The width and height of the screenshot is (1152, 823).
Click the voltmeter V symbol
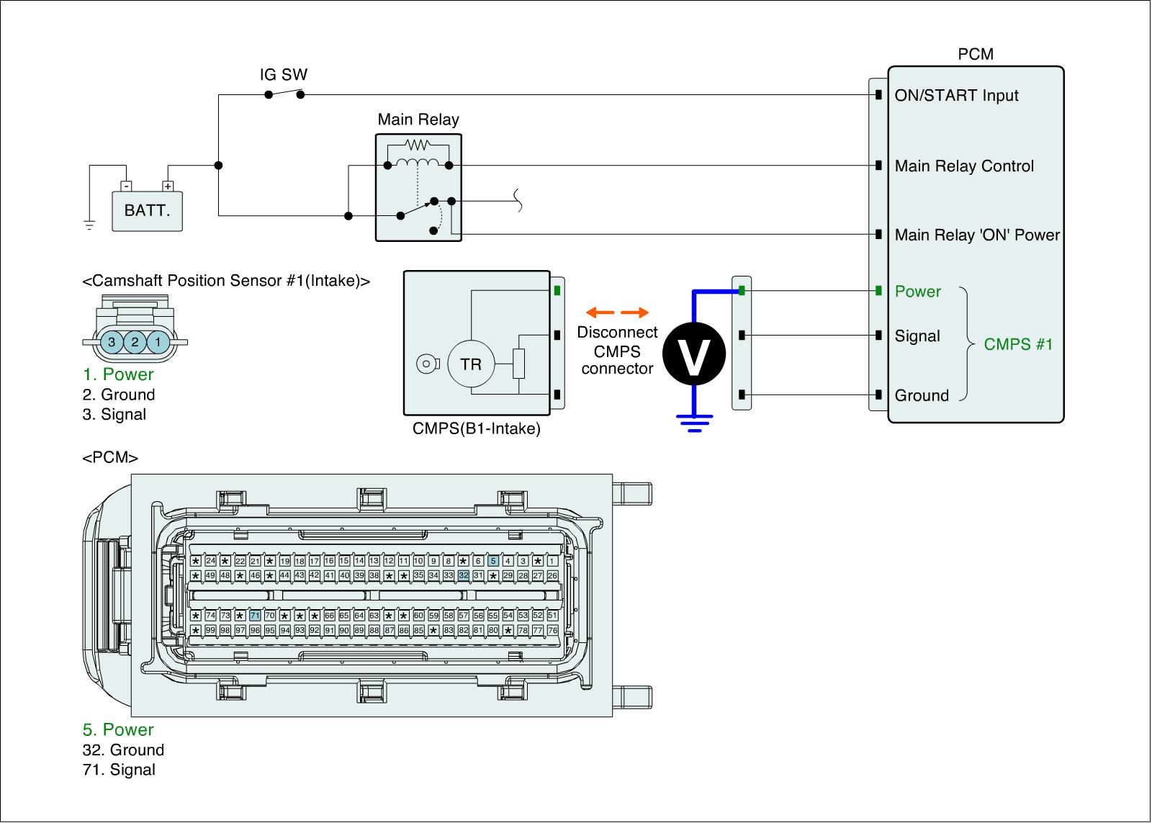tap(694, 354)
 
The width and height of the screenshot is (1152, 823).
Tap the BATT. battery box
tap(147, 211)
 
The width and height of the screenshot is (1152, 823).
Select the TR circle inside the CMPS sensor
tap(471, 364)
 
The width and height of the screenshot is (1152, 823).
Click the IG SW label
tap(284, 75)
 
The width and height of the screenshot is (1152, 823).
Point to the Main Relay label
tap(418, 120)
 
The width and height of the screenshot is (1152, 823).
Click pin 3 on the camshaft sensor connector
tap(112, 342)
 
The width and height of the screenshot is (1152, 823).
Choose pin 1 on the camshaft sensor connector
tap(158, 342)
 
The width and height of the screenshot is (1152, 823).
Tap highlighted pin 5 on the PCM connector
tap(493, 561)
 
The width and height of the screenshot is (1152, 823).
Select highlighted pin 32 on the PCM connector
tap(464, 575)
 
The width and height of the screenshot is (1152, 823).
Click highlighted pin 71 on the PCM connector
tap(255, 615)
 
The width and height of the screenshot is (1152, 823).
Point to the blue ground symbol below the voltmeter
tap(694, 423)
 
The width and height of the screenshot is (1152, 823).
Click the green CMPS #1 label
tap(1018, 344)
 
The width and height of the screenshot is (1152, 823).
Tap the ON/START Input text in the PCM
tap(957, 96)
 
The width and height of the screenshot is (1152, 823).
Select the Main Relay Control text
tap(964, 166)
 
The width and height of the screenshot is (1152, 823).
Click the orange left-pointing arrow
tap(600, 312)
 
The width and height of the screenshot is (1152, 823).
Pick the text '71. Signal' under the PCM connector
tap(119, 770)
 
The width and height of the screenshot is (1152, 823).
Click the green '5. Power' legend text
tap(118, 729)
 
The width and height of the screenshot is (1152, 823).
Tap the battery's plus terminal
tap(168, 186)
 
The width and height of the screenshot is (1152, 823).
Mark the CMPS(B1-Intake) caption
tap(476, 428)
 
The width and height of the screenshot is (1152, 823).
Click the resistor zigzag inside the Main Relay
tap(418, 145)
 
